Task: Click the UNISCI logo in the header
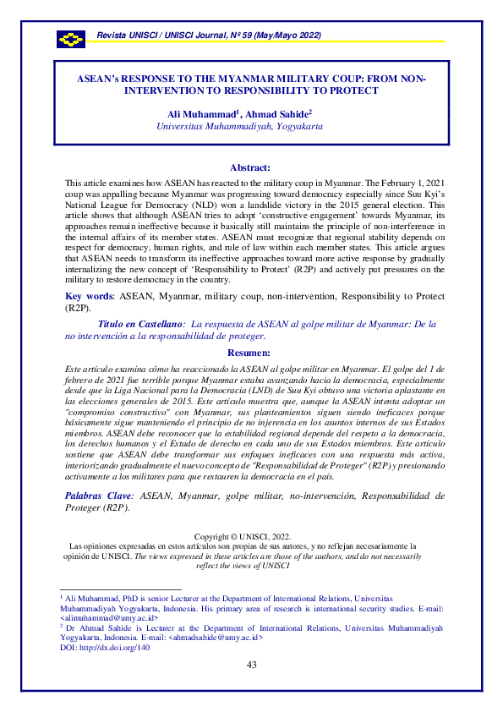click(71, 39)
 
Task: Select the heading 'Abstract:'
click(250, 167)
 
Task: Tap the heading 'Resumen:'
click(250, 353)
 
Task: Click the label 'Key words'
click(88, 297)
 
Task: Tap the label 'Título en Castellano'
click(141, 323)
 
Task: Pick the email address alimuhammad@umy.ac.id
click(109, 619)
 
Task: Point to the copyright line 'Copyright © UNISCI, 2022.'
click(242, 536)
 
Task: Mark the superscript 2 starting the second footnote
click(61, 627)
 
